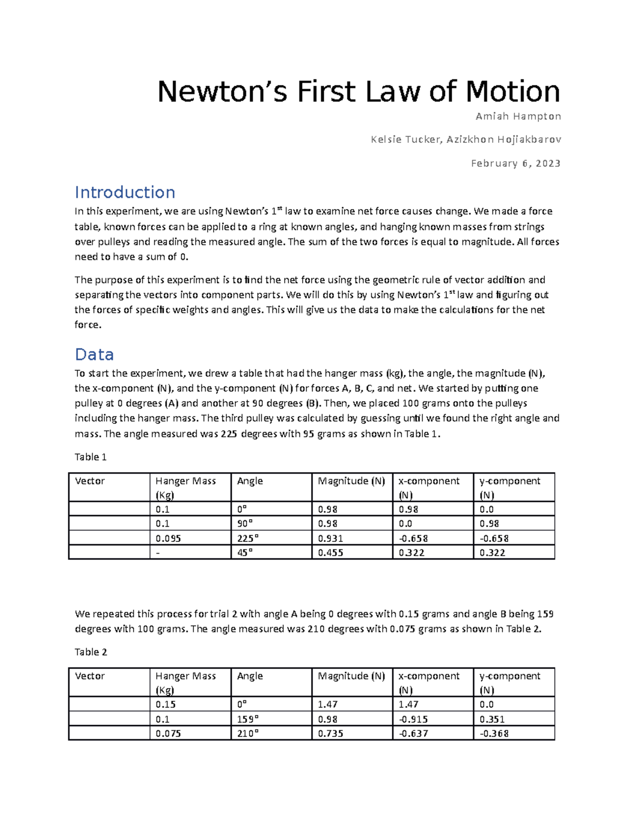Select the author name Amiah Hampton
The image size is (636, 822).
point(518,116)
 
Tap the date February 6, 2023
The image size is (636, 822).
point(515,163)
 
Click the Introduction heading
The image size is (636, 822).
point(125,192)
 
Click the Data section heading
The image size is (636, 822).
point(94,354)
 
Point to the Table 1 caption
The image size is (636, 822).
point(91,457)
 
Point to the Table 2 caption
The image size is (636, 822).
point(91,652)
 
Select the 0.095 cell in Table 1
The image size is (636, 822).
point(168,538)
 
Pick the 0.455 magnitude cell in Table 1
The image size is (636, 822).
point(330,553)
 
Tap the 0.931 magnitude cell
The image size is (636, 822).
point(330,538)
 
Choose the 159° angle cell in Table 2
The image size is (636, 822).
point(248,719)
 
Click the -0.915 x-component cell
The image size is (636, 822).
point(413,719)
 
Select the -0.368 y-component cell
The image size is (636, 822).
point(494,734)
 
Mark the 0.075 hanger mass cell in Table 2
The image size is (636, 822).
point(168,734)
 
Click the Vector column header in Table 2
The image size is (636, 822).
point(90,676)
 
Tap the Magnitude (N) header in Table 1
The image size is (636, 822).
point(351,481)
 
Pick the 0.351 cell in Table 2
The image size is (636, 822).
point(492,719)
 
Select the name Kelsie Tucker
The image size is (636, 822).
point(405,139)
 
